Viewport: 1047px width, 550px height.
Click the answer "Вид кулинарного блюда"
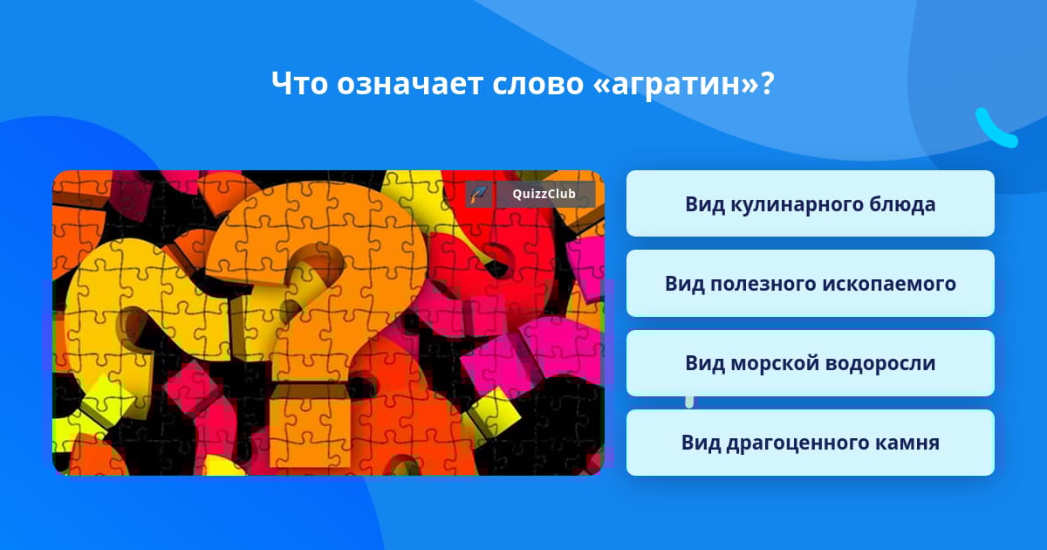(810, 203)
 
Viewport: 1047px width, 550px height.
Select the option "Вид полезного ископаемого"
(810, 284)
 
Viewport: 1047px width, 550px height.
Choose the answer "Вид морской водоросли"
(810, 363)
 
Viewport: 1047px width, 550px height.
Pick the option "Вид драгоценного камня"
(810, 443)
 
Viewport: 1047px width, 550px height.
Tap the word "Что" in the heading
(299, 83)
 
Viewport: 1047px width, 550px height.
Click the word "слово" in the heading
(537, 84)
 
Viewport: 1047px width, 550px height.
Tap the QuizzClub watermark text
(544, 194)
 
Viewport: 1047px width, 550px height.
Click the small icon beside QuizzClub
(479, 194)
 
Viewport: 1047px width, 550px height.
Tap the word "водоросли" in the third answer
(880, 363)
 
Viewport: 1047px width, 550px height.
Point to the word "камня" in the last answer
(907, 443)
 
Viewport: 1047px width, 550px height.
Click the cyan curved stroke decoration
(995, 129)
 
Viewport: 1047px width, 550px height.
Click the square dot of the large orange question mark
(310, 426)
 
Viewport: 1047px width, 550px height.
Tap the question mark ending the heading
(767, 83)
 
